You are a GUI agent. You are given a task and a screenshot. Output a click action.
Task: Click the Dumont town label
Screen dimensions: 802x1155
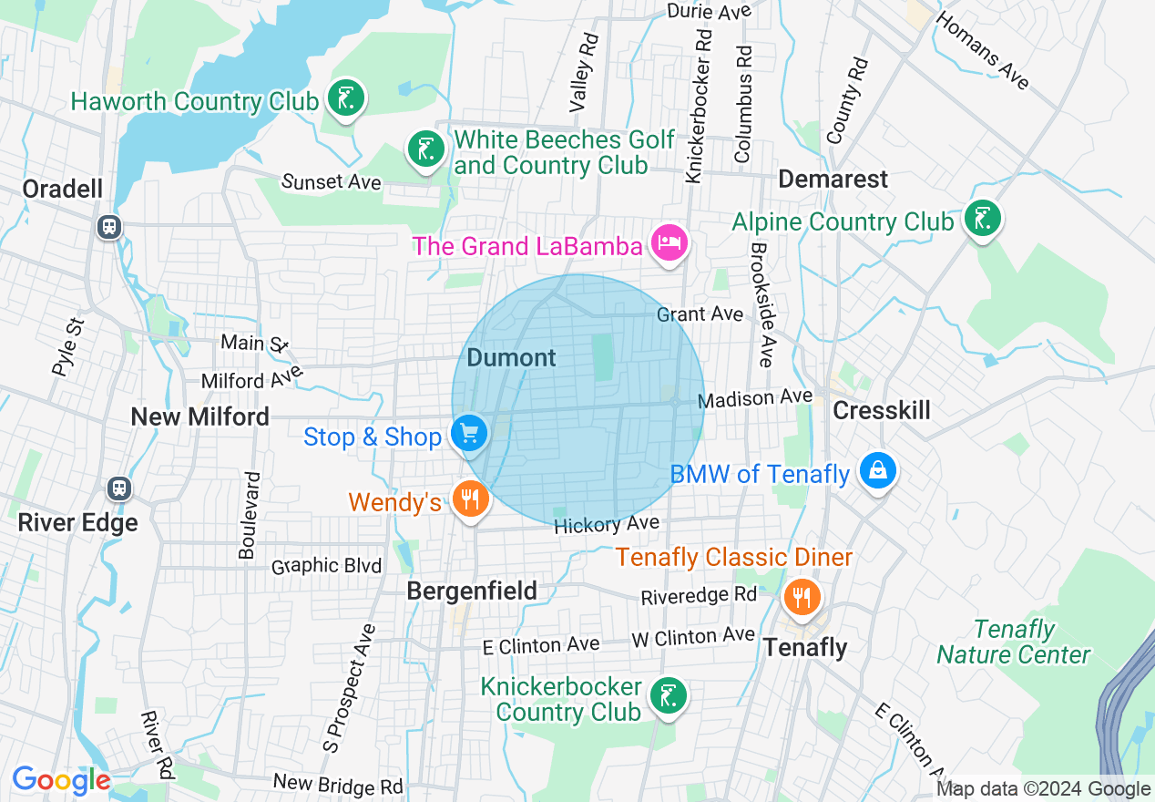click(511, 358)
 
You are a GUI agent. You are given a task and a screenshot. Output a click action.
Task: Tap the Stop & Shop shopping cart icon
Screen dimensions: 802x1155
click(469, 433)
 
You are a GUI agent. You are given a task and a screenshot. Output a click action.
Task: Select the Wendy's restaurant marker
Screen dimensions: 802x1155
click(470, 499)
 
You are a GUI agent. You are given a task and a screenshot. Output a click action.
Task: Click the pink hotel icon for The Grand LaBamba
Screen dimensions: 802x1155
click(669, 242)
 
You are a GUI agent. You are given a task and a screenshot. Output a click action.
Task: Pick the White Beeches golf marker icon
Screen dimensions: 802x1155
click(424, 149)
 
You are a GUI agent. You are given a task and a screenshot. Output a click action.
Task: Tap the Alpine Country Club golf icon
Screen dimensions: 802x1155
click(982, 219)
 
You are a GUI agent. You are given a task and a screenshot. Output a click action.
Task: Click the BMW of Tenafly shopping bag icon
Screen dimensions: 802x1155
click(876, 470)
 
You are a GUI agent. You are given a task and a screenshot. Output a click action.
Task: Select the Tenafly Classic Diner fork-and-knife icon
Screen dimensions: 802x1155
click(801, 597)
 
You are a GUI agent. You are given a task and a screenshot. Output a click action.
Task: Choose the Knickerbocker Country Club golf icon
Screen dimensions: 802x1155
click(668, 697)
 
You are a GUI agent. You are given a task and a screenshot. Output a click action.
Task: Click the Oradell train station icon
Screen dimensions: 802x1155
click(109, 226)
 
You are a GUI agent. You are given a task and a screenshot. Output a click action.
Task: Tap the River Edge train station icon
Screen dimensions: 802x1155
click(119, 488)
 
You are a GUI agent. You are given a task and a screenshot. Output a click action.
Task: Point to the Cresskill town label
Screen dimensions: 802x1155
click(882, 410)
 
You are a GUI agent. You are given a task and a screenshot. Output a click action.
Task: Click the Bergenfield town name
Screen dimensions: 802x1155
click(472, 591)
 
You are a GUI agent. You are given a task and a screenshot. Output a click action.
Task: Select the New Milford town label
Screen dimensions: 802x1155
click(200, 416)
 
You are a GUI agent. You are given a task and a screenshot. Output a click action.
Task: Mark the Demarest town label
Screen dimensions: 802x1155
click(833, 179)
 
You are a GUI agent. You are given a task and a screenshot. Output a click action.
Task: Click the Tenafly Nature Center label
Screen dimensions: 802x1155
click(1013, 643)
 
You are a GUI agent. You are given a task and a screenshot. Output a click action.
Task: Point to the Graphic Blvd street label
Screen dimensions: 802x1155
click(326, 566)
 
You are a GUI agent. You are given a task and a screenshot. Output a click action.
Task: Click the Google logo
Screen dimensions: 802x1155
click(61, 780)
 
